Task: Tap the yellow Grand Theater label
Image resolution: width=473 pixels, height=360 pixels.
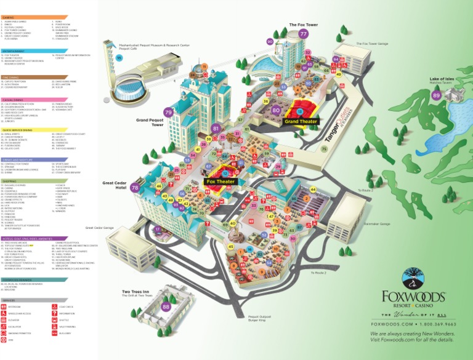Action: (x=300, y=121)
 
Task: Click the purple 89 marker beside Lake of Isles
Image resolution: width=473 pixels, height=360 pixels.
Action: (x=437, y=95)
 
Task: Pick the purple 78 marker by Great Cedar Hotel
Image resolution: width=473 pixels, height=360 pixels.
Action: (x=135, y=188)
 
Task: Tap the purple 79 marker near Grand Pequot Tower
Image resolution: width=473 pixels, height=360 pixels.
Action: (x=168, y=113)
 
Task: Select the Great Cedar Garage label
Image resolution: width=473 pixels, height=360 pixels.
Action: (x=100, y=228)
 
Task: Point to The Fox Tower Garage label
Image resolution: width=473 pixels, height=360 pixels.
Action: (x=372, y=44)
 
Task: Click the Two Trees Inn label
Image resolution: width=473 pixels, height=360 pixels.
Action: (x=136, y=291)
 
